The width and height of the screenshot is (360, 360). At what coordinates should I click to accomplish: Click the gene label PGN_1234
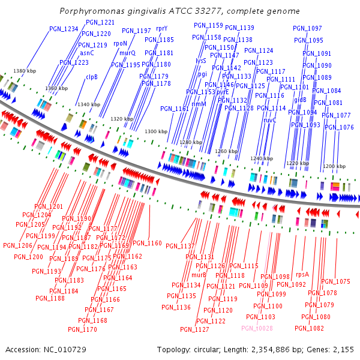point(64,29)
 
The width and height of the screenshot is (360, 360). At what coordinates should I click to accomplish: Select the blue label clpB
point(91,77)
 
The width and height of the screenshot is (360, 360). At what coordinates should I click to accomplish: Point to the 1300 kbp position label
point(156,131)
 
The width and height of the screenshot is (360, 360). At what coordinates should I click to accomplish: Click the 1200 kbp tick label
point(334,166)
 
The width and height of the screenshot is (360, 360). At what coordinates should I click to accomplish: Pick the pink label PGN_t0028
point(257,328)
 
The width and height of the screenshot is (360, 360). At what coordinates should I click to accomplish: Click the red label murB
point(199,275)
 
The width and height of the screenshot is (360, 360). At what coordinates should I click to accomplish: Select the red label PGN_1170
point(82,329)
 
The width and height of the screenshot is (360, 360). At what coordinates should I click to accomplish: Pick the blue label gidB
point(300,100)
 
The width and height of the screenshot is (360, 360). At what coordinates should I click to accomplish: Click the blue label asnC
point(87,53)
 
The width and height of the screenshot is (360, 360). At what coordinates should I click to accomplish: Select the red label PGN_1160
point(147,243)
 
